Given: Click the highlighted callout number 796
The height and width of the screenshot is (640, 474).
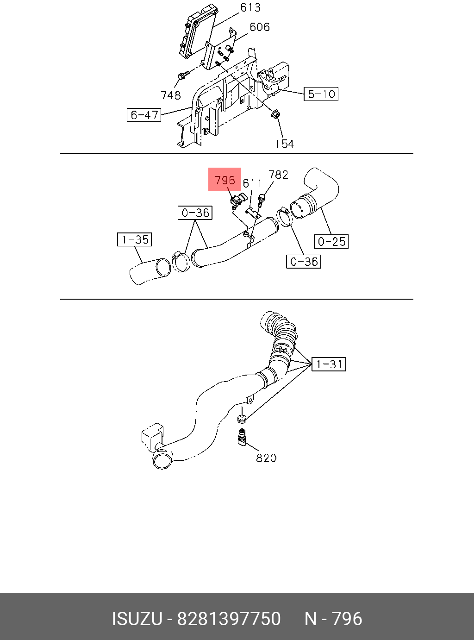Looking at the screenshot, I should pos(225,180).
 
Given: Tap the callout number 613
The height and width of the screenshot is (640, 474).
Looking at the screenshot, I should pos(250,7).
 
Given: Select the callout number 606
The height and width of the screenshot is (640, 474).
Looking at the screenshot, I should pos(259,27).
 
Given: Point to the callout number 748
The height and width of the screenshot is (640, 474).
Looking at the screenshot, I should pos(170,95).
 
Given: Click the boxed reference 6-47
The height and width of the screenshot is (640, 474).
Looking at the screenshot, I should pos(144,115).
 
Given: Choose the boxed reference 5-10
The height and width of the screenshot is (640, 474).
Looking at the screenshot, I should pos(321,94).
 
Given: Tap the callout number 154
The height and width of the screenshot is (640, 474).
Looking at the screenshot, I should pos(284,144).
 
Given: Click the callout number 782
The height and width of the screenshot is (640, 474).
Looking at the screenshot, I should pos(278,175).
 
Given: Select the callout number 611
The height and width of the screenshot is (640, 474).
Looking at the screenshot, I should pos(252,183).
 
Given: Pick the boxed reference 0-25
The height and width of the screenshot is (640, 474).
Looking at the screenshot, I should pos(331,241).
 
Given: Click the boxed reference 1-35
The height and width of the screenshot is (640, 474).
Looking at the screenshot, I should pos(135,239).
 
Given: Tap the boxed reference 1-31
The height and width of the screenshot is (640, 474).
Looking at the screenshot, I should pos(329,364).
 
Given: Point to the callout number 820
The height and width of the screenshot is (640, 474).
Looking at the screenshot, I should pos(266,458).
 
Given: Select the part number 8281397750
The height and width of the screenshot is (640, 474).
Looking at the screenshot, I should pos(229,619).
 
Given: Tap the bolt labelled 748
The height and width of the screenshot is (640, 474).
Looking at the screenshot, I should pos(182,75).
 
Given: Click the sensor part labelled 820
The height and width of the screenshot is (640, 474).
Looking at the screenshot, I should pos(242,436).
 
